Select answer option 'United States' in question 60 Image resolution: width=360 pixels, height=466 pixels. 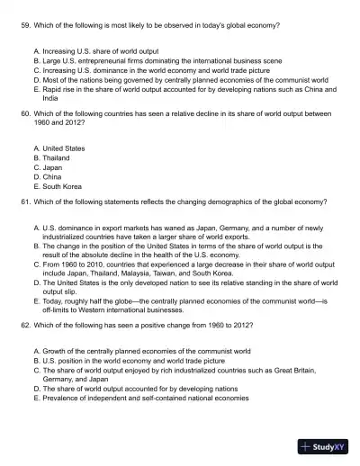click(x=62, y=148)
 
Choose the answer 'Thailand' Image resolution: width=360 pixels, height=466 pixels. click(x=57, y=157)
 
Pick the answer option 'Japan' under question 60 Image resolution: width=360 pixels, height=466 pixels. click(x=53, y=167)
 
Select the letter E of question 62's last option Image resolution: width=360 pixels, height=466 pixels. click(x=35, y=397)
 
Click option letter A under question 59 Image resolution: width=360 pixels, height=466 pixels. click(x=35, y=51)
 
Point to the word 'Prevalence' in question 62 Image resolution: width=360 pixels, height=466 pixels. click(x=60, y=397)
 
